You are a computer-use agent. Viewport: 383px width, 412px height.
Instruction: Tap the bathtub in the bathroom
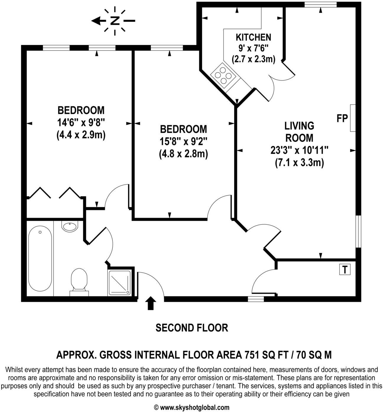point(40,259)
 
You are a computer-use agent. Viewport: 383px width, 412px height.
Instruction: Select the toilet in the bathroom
point(79,281)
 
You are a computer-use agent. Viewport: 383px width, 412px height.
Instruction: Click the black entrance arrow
point(151,303)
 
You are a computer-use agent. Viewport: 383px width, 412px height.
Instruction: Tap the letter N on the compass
point(115,21)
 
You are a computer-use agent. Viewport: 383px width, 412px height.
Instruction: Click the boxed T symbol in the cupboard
point(345,270)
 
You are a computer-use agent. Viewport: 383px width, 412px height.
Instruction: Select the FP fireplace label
point(342,118)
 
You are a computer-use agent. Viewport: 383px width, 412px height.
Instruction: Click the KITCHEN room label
point(253,37)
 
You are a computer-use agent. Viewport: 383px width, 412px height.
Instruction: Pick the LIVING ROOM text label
point(299,132)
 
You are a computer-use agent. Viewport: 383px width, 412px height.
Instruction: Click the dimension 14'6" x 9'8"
point(81,122)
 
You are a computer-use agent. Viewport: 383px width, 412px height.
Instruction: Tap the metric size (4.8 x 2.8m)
point(183,154)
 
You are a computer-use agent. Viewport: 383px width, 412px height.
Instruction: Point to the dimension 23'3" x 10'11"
point(299,150)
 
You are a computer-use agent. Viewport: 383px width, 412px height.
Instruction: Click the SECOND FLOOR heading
point(192,328)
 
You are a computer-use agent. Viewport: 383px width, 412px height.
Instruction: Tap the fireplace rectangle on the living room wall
point(353,118)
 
